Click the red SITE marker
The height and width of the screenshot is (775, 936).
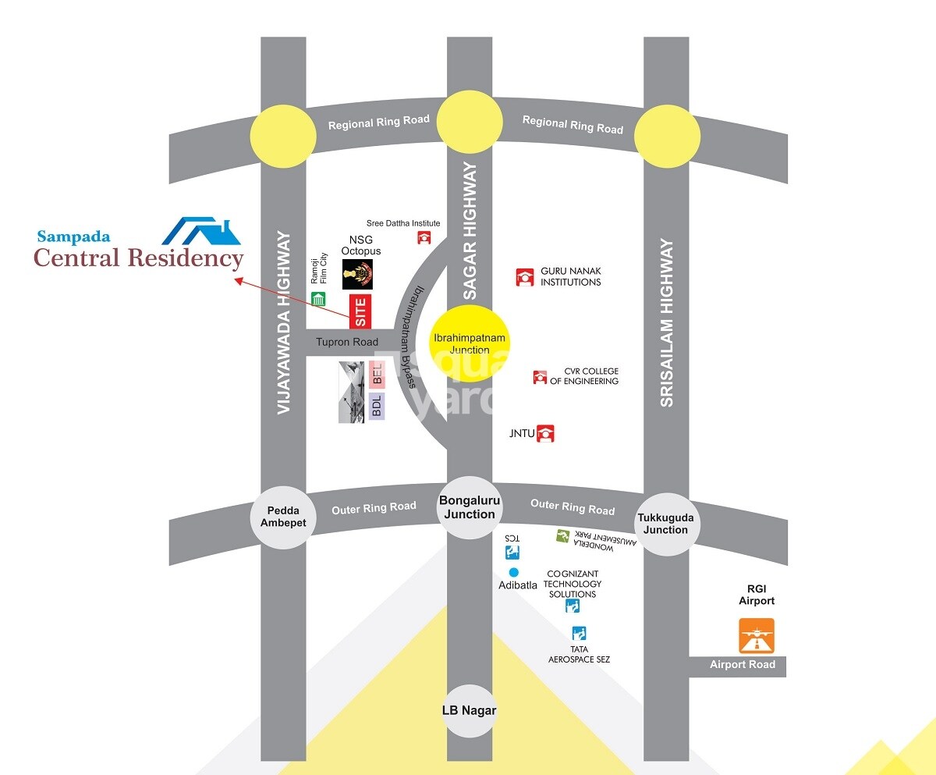(x=360, y=311)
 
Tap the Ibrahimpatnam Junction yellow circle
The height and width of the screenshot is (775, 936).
(x=470, y=343)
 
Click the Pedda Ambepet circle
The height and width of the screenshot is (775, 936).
(x=283, y=517)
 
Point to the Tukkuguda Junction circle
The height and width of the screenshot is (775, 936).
(x=665, y=524)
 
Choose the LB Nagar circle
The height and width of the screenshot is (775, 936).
(x=470, y=710)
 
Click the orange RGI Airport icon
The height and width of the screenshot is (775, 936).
(x=757, y=635)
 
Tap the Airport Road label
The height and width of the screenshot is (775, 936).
(x=743, y=664)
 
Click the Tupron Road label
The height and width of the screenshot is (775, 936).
(x=347, y=342)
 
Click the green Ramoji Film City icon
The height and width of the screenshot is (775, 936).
(x=318, y=298)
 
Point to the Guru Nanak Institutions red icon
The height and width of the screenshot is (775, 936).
(x=524, y=277)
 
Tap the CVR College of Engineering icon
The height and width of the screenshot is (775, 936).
(x=540, y=377)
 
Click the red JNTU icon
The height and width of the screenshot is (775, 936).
(x=547, y=433)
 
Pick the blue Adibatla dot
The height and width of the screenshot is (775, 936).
(x=513, y=572)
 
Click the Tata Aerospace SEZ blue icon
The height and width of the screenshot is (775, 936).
(x=578, y=632)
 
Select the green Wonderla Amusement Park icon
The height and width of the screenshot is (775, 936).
(x=562, y=535)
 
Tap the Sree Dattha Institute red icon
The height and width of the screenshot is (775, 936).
(x=424, y=237)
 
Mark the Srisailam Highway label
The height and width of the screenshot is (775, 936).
(x=666, y=322)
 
